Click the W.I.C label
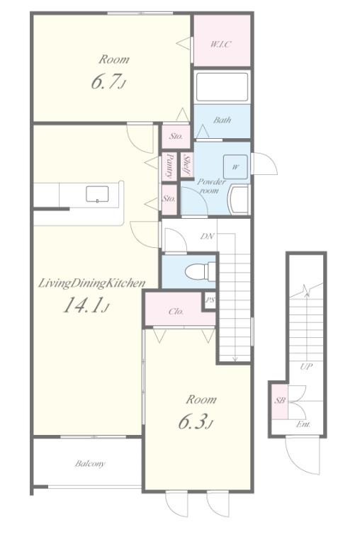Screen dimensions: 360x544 [x=221, y=45]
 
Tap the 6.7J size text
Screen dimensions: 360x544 [x=108, y=81]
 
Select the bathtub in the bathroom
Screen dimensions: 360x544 [x=222, y=86]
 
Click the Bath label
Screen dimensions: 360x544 [x=223, y=120]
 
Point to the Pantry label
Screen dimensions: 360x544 [x=169, y=166]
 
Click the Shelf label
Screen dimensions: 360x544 [x=187, y=165]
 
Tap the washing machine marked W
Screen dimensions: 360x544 [x=235, y=167]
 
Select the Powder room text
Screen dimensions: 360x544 [x=211, y=186]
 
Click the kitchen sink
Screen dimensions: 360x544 [x=97, y=194]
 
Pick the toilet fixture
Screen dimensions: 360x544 [x=201, y=271]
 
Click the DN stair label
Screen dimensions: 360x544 [x=207, y=237]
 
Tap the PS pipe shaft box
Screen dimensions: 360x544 [x=209, y=300]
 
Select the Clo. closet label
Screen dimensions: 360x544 [x=176, y=312]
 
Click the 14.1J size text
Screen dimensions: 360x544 [x=86, y=305]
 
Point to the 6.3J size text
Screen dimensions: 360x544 [x=195, y=421]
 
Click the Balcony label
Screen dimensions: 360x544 [x=90, y=464]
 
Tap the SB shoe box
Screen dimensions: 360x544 [x=280, y=400]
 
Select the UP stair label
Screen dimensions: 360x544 [x=306, y=366]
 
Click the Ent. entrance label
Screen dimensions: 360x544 [x=303, y=424]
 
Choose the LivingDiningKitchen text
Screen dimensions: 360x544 [x=91, y=283]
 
